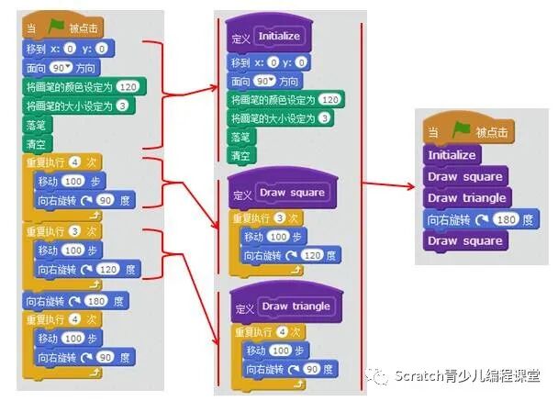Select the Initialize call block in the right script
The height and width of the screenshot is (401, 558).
pos(452,155)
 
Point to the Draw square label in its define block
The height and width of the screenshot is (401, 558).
pos(292,194)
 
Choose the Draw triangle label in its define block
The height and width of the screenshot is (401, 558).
pos(296,306)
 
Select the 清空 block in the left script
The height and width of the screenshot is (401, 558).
pos(37,144)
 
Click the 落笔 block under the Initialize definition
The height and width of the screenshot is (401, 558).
pos(240,136)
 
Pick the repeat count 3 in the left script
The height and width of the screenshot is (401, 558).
pos(77,230)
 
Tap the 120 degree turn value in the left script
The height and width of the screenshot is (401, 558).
pos(103,269)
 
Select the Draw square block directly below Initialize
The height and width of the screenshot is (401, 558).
pos(464,176)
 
